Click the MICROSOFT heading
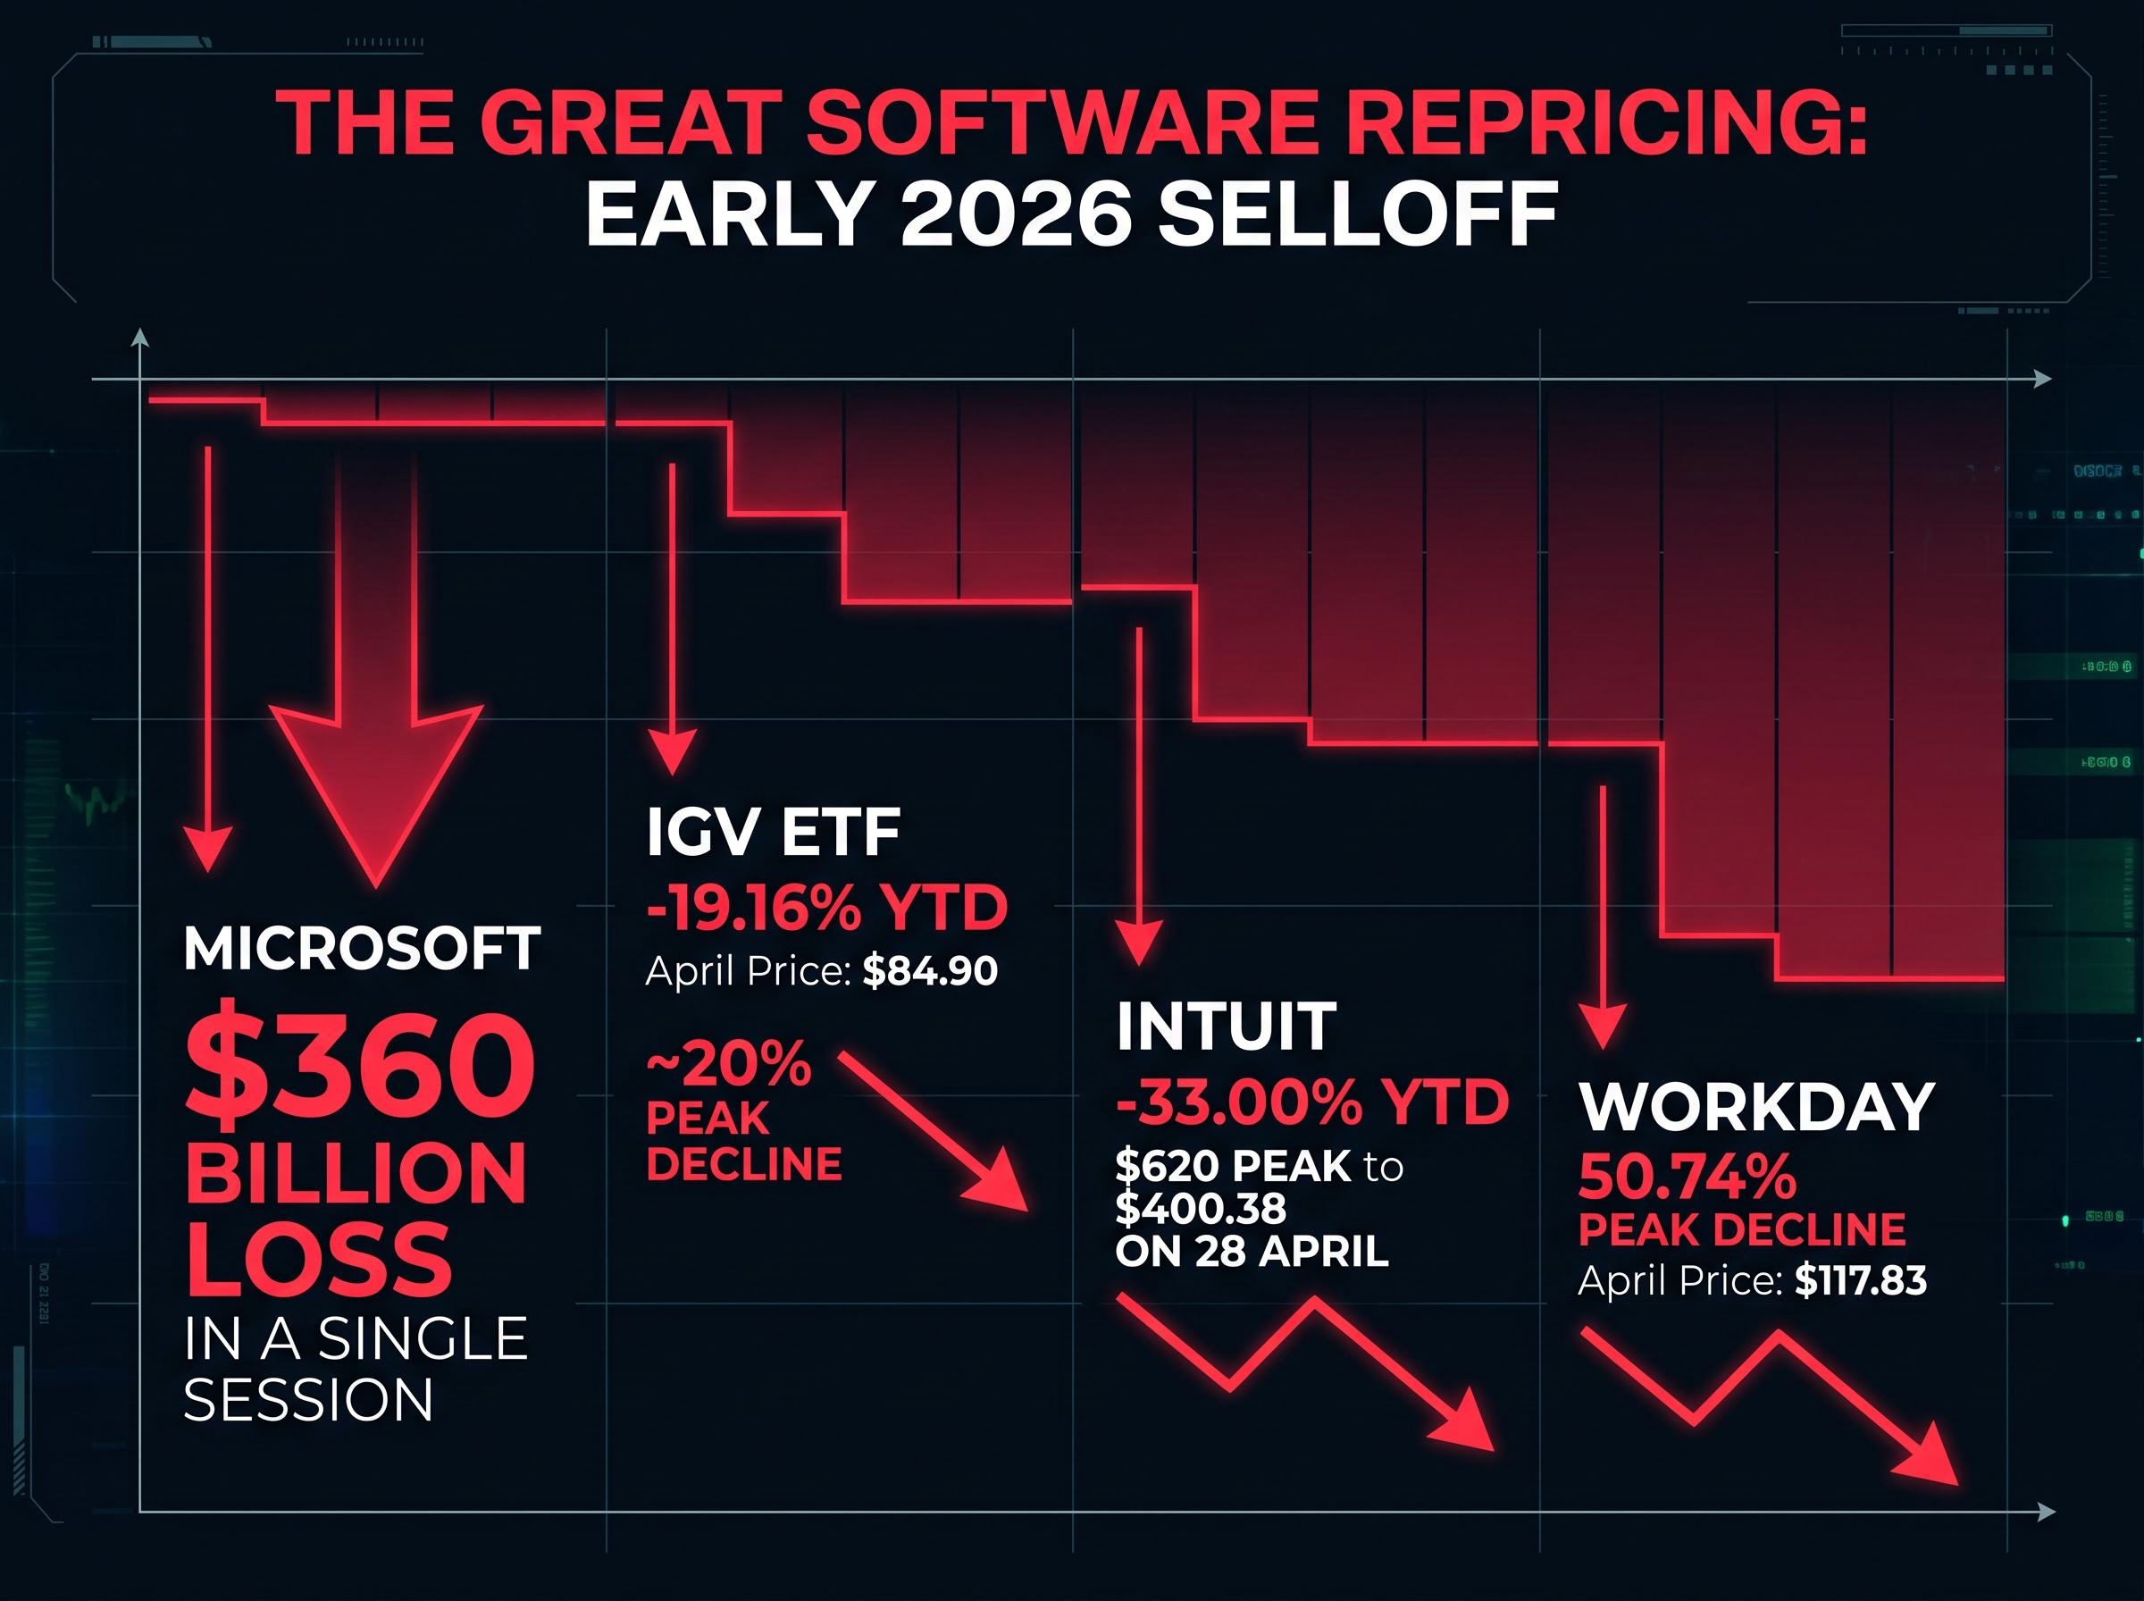click(x=362, y=949)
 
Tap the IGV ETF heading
click(x=772, y=832)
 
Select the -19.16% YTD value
click(x=826, y=909)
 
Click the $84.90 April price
click(x=929, y=971)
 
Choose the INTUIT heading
click(x=1226, y=1027)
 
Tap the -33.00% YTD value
click(x=1311, y=1102)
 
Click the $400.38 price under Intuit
click(x=1201, y=1209)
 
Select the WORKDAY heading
click(x=1755, y=1107)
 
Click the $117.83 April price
click(x=1860, y=1282)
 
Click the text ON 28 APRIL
click(x=1251, y=1252)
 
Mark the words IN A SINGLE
click(x=355, y=1340)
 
